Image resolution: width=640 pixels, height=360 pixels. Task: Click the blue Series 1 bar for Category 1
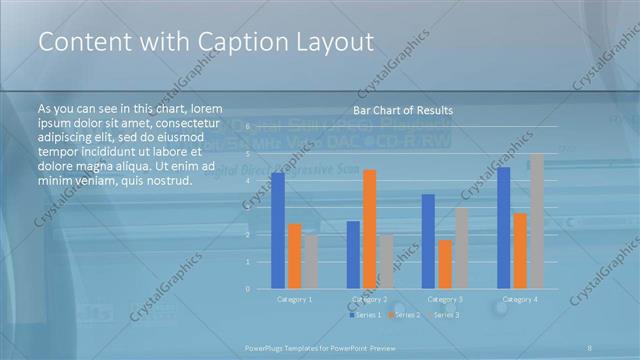pyautogui.click(x=277, y=231)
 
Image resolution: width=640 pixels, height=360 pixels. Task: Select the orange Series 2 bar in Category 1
pyautogui.click(x=294, y=256)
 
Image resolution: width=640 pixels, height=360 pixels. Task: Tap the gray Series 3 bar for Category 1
pyautogui.click(x=311, y=262)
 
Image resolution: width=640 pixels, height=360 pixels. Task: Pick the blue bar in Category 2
pyautogui.click(x=353, y=255)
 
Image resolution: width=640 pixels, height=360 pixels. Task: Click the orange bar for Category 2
pyautogui.click(x=370, y=229)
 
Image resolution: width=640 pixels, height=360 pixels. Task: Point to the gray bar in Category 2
pyautogui.click(x=386, y=262)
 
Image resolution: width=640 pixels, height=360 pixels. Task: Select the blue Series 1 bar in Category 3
pyautogui.click(x=428, y=241)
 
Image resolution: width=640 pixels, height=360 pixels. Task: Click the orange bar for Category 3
pyautogui.click(x=445, y=264)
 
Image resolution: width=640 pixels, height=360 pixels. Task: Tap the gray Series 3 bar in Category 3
pyautogui.click(x=461, y=248)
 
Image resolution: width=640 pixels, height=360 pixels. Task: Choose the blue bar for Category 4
pyautogui.click(x=504, y=228)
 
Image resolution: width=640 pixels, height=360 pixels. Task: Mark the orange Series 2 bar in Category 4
pyautogui.click(x=520, y=251)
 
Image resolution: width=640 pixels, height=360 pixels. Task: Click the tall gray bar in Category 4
pyautogui.click(x=537, y=221)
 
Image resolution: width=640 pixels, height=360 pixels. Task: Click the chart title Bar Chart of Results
pyautogui.click(x=403, y=110)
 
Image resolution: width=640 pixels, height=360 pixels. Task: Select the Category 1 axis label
pyautogui.click(x=294, y=299)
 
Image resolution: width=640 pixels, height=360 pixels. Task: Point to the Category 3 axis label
pyautogui.click(x=445, y=299)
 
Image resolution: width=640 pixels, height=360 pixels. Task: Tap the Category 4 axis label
pyautogui.click(x=520, y=299)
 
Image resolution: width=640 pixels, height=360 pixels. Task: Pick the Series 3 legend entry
pyautogui.click(x=443, y=315)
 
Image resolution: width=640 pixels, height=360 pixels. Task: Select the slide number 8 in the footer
pyautogui.click(x=590, y=346)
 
